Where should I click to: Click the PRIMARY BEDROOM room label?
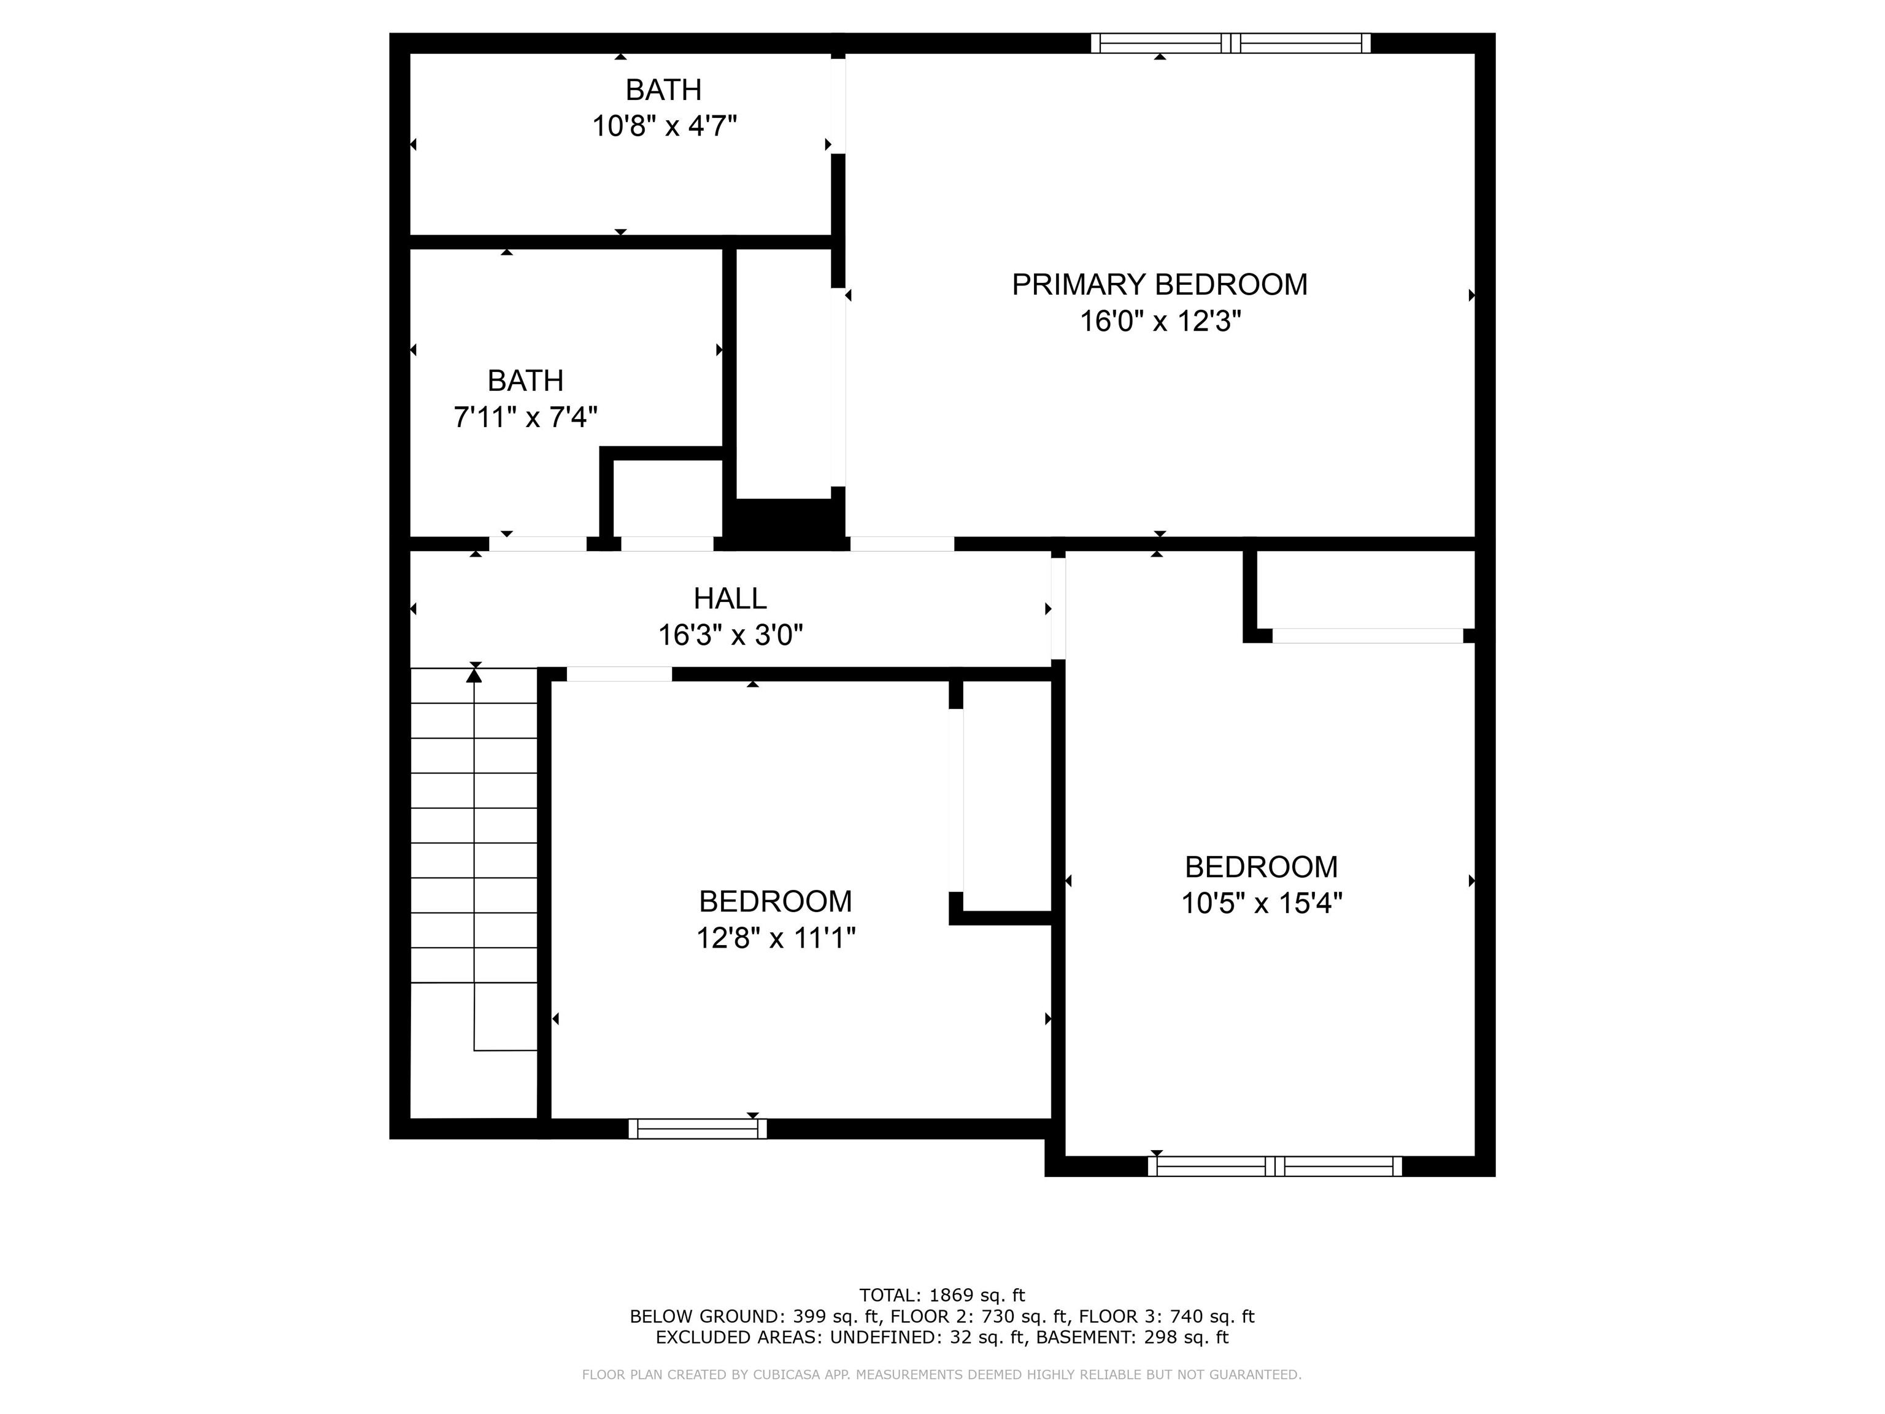coord(1159,285)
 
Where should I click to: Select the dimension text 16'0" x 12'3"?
coord(1160,322)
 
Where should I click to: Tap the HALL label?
coord(730,598)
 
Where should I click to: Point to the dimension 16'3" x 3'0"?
coord(730,635)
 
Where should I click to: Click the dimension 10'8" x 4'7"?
coord(664,126)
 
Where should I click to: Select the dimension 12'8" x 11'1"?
coord(776,938)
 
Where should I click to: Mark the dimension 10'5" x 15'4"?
coord(1261,903)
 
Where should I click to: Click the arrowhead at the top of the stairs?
coord(474,675)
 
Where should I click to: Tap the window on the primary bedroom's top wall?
coord(1230,44)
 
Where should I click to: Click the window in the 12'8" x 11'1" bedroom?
coord(697,1129)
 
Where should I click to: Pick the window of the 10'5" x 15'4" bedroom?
coord(1275,1166)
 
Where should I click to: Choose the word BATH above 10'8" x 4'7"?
coord(664,90)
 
